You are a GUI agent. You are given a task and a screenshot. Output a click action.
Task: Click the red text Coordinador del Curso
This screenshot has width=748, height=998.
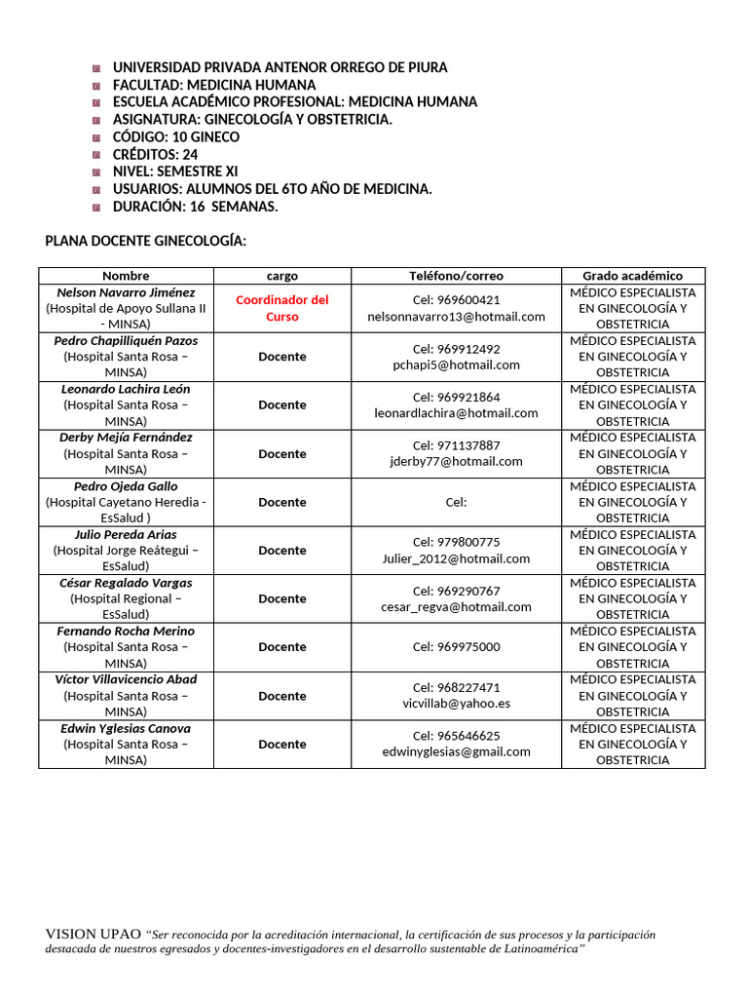[x=281, y=308]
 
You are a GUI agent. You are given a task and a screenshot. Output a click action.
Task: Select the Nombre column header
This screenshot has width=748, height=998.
[x=126, y=276]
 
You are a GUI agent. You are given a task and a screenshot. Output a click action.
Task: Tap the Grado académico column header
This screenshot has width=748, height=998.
[x=632, y=276]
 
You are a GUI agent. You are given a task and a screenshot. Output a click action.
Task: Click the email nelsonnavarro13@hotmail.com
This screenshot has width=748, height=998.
[x=456, y=317]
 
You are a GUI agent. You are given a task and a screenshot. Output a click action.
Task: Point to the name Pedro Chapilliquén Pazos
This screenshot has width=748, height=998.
[x=126, y=341]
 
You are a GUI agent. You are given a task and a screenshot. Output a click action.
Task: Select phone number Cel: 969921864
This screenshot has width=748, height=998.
[x=456, y=397]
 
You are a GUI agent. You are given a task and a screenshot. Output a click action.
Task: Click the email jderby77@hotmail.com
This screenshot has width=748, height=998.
[x=456, y=462]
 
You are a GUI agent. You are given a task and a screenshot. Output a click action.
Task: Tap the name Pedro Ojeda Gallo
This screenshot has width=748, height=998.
[x=126, y=486]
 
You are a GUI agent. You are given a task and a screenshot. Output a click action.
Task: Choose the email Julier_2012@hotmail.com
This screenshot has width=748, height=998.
[x=456, y=558]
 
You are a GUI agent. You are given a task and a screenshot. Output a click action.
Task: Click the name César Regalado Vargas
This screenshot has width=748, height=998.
[x=126, y=583]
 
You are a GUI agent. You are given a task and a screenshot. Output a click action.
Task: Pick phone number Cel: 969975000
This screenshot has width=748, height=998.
[x=456, y=647]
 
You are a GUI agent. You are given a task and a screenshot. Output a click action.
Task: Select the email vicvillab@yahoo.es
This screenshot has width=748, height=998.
[x=456, y=704]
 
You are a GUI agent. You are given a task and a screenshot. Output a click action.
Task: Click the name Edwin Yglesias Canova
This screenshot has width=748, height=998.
[x=126, y=728]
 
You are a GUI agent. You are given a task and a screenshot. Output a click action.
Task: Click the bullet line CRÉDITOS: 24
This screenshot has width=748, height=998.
[x=156, y=155]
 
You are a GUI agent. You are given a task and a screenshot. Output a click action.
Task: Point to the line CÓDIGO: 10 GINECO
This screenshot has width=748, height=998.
[x=175, y=137]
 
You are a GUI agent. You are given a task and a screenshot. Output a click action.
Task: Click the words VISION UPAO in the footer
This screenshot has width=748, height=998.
[x=93, y=934]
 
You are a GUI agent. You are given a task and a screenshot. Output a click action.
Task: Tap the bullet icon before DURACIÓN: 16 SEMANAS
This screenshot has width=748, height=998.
[x=96, y=208]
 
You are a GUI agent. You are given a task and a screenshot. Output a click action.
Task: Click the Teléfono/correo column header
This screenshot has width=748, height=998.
[x=456, y=276]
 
